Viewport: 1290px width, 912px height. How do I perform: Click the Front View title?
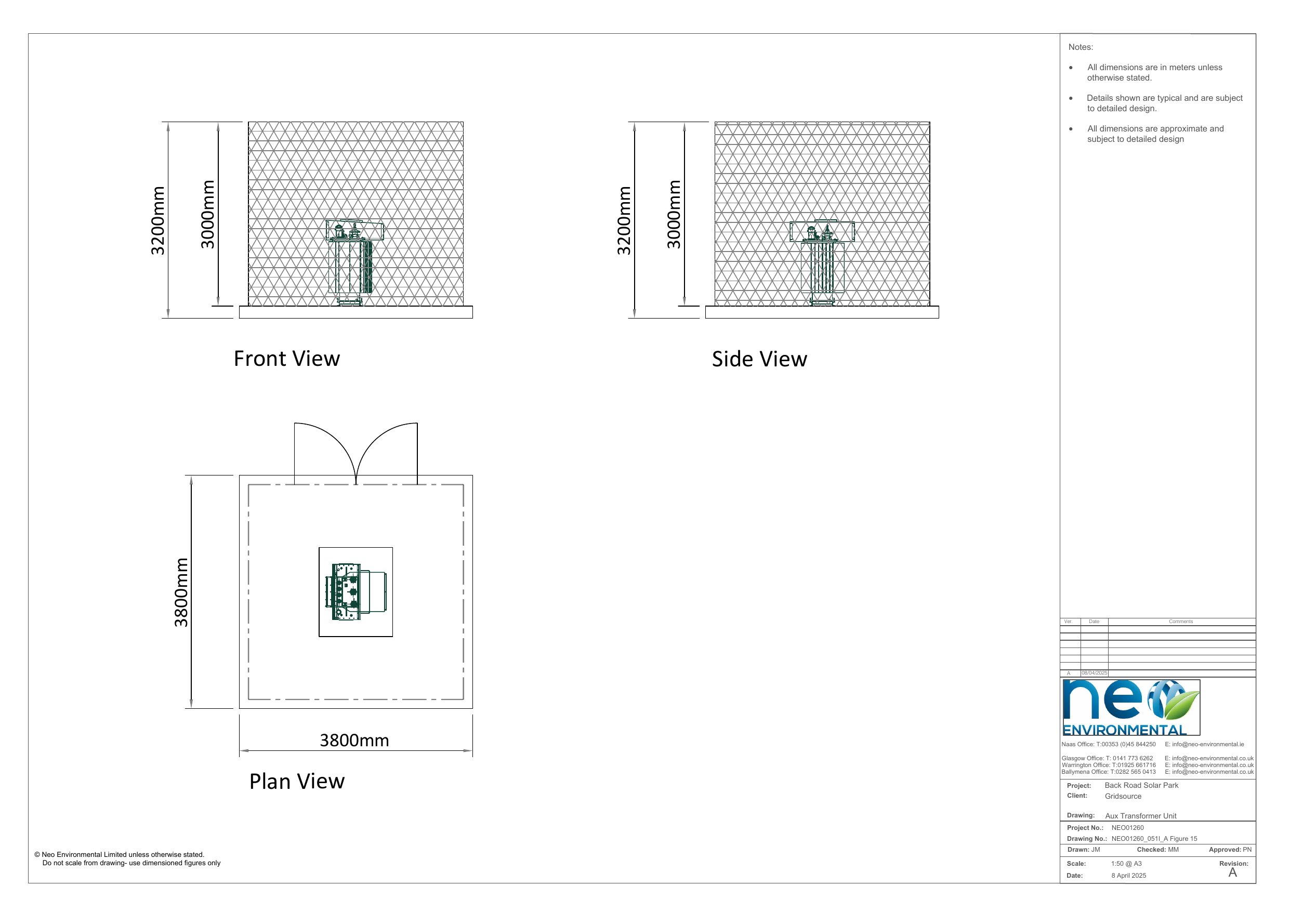(286, 359)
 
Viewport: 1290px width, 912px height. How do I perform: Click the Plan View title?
(297, 781)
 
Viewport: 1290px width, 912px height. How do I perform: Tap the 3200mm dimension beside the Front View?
(158, 220)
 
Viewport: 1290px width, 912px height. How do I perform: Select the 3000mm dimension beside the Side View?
(674, 214)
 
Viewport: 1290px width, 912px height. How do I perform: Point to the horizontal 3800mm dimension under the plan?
(354, 740)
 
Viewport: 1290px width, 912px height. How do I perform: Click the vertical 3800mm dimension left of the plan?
(181, 592)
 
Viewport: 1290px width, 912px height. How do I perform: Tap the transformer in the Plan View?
(356, 592)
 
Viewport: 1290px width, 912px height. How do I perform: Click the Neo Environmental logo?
(1131, 707)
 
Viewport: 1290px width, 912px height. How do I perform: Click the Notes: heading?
(1081, 47)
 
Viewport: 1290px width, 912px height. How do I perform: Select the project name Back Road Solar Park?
(1142, 785)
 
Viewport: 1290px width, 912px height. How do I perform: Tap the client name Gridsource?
(1123, 796)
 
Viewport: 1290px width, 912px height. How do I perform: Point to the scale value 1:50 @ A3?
(1126, 864)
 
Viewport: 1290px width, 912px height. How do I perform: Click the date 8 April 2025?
(1129, 876)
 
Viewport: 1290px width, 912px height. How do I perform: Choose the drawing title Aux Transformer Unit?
(1140, 816)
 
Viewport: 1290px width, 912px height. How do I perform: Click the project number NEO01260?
(1128, 828)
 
